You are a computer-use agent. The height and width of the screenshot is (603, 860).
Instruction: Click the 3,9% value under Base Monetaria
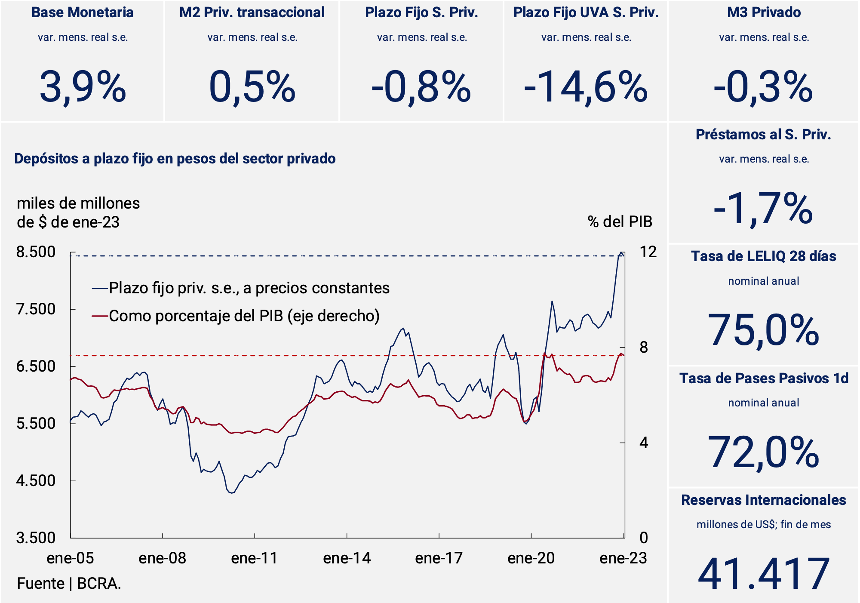click(x=83, y=88)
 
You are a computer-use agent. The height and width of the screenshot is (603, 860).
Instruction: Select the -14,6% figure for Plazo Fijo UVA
click(x=585, y=88)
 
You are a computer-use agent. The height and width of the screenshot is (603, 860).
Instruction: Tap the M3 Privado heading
click(x=764, y=12)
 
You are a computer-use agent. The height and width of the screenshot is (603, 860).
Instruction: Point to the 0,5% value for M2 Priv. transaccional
click(x=252, y=88)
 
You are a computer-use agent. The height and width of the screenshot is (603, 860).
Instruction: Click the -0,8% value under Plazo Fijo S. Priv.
click(x=421, y=88)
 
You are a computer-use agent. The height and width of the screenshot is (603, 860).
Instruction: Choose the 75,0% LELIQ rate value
click(x=763, y=330)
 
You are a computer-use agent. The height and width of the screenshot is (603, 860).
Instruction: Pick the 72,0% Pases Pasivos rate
click(x=763, y=452)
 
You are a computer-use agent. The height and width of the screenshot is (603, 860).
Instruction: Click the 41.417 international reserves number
click(x=763, y=574)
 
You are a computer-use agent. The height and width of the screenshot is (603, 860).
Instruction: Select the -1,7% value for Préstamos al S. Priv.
click(x=763, y=209)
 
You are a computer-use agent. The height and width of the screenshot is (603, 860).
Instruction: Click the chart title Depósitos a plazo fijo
click(x=175, y=159)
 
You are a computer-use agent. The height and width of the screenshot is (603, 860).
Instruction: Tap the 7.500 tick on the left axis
click(x=36, y=309)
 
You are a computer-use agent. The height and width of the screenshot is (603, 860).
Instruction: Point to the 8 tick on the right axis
click(x=643, y=348)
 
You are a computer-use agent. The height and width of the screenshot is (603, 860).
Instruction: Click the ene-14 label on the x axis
click(x=347, y=558)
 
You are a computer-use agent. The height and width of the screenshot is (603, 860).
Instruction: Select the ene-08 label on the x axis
click(x=162, y=558)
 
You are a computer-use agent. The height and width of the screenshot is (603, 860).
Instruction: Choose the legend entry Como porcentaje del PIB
click(x=244, y=316)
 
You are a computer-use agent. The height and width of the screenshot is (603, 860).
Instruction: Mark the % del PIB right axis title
click(x=620, y=222)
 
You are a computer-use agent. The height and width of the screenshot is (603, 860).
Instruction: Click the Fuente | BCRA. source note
click(x=69, y=584)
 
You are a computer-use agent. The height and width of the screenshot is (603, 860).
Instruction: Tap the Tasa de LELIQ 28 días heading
click(x=763, y=256)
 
